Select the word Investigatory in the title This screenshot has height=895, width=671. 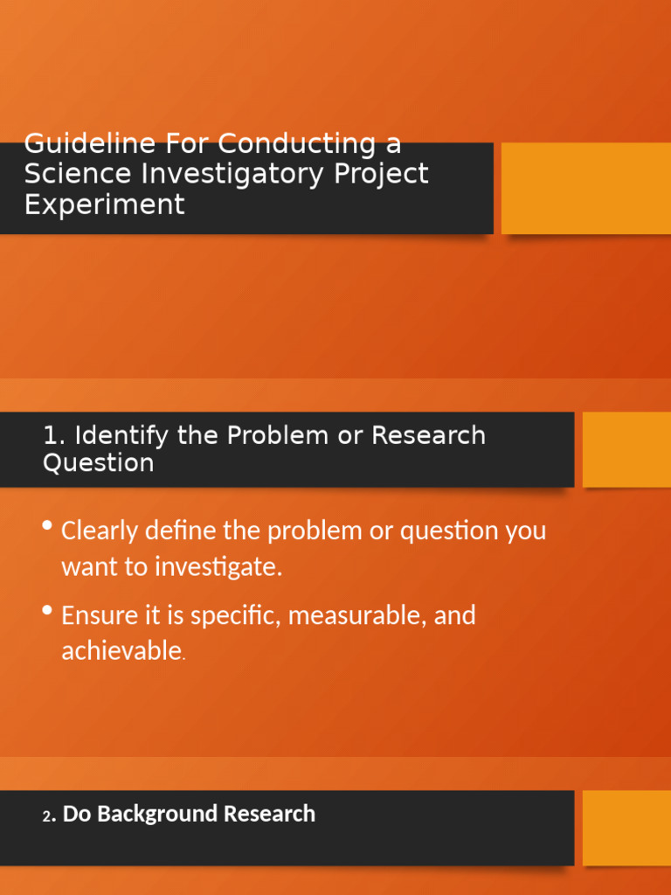click(234, 174)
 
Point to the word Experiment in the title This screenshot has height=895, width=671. click(104, 205)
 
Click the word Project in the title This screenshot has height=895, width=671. click(381, 173)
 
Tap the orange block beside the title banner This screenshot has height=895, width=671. click(585, 188)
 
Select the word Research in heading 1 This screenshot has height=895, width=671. click(428, 435)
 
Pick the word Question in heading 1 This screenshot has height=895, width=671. click(98, 462)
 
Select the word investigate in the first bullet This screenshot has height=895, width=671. click(218, 567)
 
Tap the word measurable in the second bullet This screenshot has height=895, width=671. click(356, 615)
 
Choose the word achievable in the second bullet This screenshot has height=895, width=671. click(121, 651)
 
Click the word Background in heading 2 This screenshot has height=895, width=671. click(156, 814)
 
